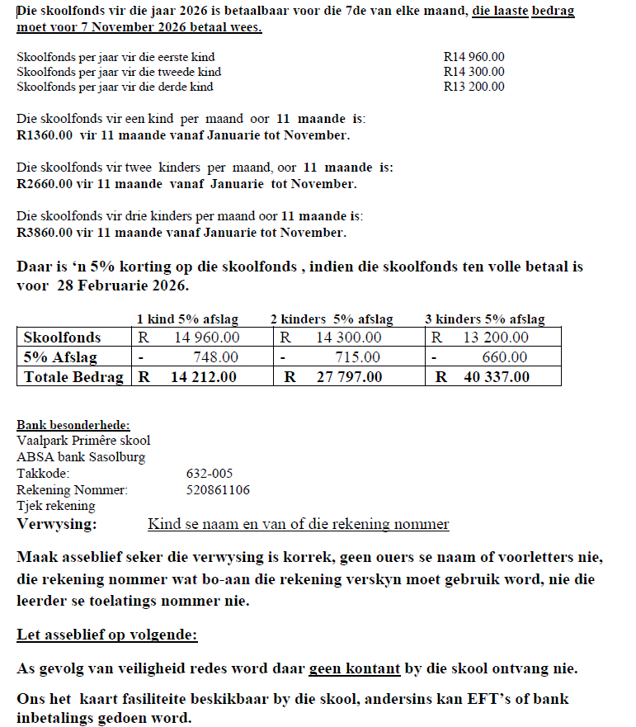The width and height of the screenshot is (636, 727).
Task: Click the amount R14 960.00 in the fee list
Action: pyautogui.click(x=473, y=57)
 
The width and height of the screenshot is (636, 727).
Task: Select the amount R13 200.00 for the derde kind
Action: pyautogui.click(x=473, y=87)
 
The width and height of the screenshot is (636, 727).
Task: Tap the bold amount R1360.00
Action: pyautogui.click(x=45, y=135)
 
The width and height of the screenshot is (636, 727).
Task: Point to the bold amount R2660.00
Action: pyautogui.click(x=45, y=184)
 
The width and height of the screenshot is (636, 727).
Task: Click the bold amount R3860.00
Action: pyautogui.click(x=45, y=233)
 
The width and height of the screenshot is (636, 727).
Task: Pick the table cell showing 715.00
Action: pyautogui.click(x=358, y=357)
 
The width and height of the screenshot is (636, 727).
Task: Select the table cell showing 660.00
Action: pyautogui.click(x=505, y=357)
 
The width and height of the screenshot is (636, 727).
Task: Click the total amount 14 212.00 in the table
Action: pyautogui.click(x=203, y=377)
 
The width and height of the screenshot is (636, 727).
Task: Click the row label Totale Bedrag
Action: pyautogui.click(x=73, y=377)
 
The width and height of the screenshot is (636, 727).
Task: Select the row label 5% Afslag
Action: pyautogui.click(x=60, y=357)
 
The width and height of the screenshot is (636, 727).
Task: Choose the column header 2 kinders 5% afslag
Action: pyautogui.click(x=332, y=319)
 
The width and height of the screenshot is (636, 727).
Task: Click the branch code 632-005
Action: pyautogui.click(x=210, y=474)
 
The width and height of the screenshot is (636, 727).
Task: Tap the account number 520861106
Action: pyautogui.click(x=218, y=490)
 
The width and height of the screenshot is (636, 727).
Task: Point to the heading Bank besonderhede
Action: pyautogui.click(x=73, y=425)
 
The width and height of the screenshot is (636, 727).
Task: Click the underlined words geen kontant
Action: pyautogui.click(x=355, y=668)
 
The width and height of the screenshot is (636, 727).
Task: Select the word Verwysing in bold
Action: pyautogui.click(x=56, y=524)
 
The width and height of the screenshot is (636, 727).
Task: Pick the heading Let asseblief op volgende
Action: pyautogui.click(x=107, y=636)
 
